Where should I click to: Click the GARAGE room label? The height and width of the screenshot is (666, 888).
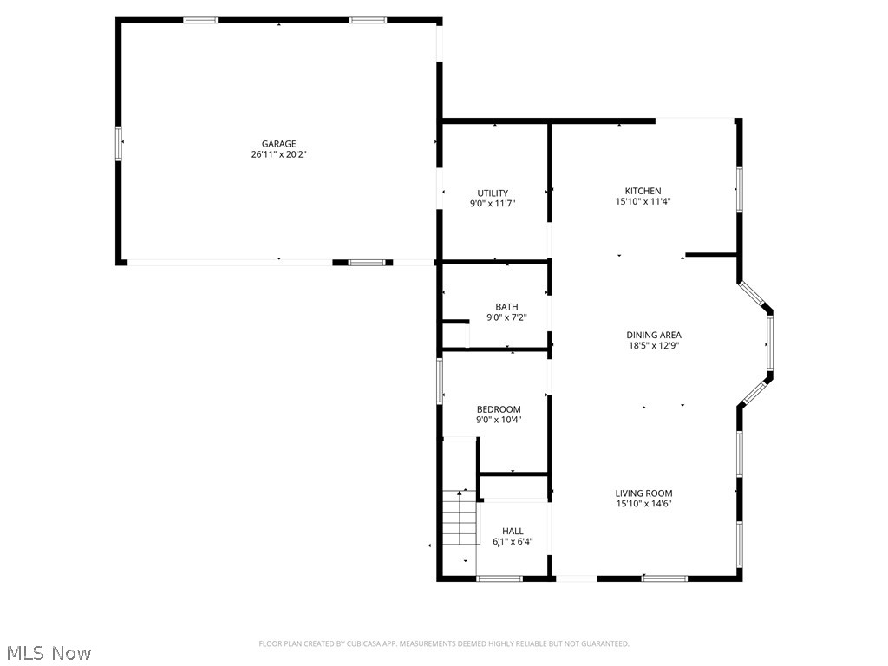(279, 144)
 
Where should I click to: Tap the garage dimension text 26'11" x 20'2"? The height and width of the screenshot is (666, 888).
(279, 154)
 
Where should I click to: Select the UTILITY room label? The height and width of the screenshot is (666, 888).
(493, 193)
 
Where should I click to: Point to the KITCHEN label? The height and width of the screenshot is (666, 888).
(643, 191)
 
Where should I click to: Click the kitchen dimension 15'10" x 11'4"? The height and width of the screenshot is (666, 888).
(643, 201)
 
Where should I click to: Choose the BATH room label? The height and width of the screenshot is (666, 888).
(506, 307)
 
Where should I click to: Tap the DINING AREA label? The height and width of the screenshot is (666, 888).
(654, 335)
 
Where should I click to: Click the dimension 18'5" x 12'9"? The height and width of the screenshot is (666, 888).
(654, 345)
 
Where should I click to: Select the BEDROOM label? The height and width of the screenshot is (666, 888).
(499, 409)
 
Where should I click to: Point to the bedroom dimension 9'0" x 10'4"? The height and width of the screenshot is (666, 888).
(499, 420)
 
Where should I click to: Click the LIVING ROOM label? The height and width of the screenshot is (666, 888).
(644, 493)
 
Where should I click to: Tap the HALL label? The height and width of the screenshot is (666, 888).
(513, 532)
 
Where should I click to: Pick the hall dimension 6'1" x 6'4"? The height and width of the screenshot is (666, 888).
(513, 542)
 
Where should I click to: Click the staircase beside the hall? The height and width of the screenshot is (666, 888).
(460, 518)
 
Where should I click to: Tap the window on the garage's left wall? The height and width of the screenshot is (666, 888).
(119, 143)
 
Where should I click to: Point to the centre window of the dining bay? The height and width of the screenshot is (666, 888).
(769, 344)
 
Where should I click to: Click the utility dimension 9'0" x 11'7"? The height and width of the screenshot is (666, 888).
(493, 204)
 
